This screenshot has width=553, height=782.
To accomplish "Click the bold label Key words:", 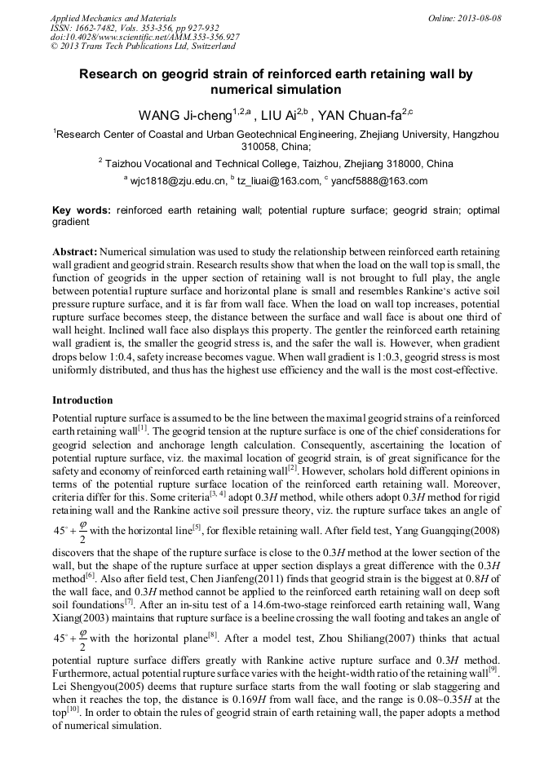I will click(82, 210).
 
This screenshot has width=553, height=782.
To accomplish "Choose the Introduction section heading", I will click(82, 400).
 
